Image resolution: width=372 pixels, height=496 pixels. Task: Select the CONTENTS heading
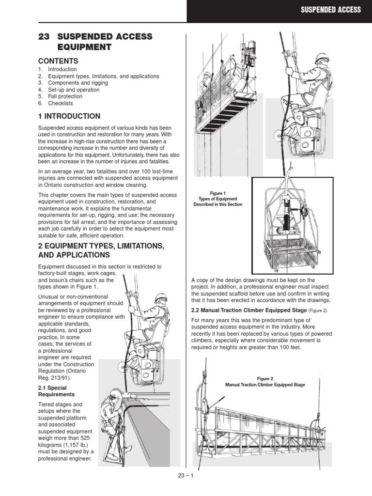[x=58, y=61]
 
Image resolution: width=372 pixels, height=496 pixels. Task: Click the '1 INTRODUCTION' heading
[x=69, y=116]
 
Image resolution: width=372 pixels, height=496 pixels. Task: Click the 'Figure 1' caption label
[x=217, y=193]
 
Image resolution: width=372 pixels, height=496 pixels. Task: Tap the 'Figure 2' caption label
[x=265, y=378]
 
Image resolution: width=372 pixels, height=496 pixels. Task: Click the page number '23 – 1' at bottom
[x=186, y=475]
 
